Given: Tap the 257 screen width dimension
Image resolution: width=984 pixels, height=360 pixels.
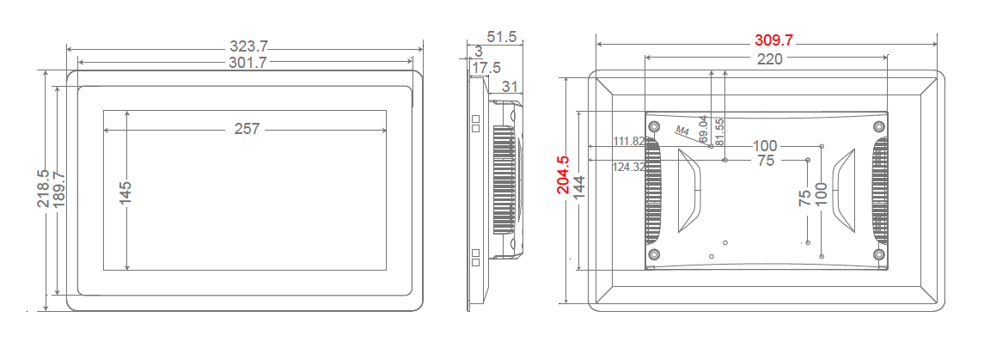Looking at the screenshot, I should (x=248, y=129).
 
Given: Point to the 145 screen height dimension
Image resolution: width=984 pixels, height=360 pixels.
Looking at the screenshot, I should (x=126, y=192).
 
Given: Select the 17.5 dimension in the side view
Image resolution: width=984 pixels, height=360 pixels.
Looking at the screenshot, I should (x=486, y=67).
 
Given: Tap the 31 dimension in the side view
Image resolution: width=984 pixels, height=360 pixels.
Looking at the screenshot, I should (x=509, y=85).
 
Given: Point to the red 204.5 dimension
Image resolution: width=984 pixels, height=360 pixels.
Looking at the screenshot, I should (x=562, y=175).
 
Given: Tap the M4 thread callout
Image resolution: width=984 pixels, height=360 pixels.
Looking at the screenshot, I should (x=683, y=131).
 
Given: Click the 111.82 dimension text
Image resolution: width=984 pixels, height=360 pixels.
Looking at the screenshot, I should (x=628, y=141).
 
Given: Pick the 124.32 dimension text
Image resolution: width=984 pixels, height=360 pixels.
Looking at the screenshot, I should (x=628, y=167).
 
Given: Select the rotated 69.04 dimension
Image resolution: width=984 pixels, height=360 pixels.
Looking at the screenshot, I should (x=704, y=129).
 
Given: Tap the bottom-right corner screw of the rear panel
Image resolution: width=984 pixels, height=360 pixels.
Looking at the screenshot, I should (x=878, y=254).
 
